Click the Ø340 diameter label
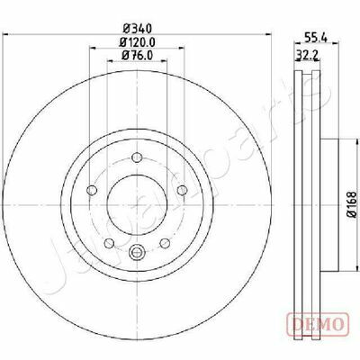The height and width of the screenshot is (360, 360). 138,29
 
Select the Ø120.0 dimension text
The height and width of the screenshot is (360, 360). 137,42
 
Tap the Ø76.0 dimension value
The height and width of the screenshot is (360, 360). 138,55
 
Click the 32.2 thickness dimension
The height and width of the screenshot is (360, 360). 307,55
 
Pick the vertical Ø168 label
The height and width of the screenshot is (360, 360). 352,204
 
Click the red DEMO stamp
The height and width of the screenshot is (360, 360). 319,324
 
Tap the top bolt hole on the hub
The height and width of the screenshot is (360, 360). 137,157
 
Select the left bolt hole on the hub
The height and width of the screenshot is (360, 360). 92,190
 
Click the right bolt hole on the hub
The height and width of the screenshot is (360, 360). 182,190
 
